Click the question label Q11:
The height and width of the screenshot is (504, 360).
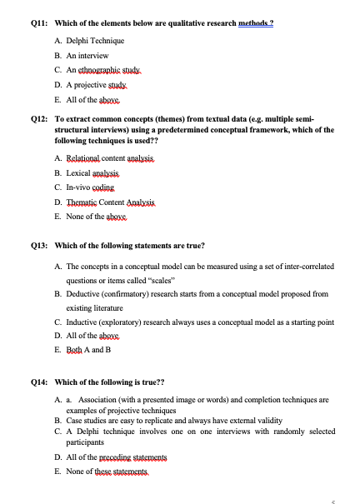pyautogui.click(x=39, y=23)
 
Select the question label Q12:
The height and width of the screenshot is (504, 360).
pyautogui.click(x=39, y=120)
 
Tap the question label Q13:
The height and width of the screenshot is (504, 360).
pyautogui.click(x=39, y=246)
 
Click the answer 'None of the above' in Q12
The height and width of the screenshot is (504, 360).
pyautogui.click(x=96, y=216)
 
